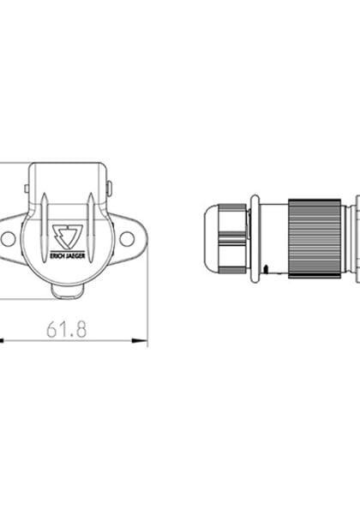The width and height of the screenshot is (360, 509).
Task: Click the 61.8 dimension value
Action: point(69,328)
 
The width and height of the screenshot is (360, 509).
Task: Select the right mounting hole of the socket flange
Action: point(127,239)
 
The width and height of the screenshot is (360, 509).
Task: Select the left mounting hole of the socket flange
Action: point(8,239)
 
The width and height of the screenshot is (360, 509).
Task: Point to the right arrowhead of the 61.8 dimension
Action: point(141,341)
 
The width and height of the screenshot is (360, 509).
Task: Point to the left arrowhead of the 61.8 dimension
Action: point(3,341)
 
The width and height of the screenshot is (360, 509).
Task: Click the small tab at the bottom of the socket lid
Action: point(68,291)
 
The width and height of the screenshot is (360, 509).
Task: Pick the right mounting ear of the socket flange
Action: point(129,239)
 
